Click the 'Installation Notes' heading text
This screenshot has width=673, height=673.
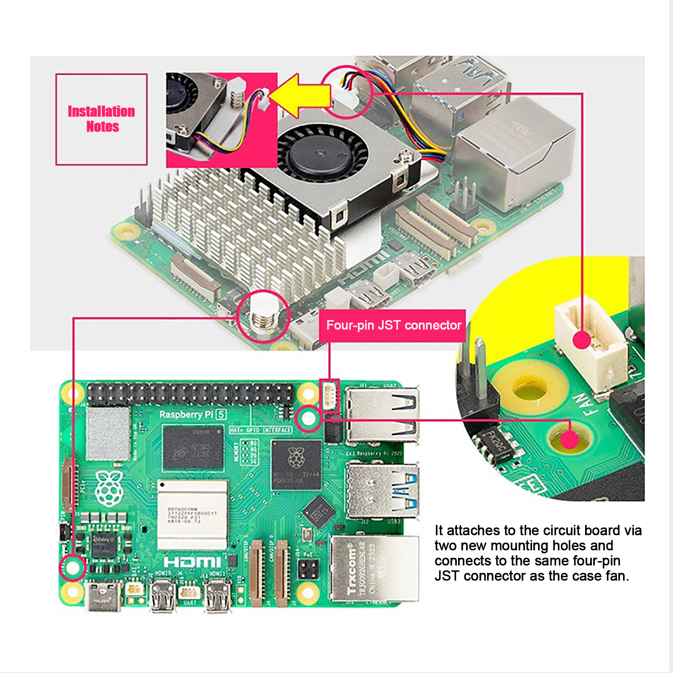(101, 119)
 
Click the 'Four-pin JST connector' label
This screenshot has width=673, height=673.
(393, 326)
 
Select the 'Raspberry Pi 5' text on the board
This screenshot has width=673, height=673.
(193, 415)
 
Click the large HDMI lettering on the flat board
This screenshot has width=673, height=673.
(192, 562)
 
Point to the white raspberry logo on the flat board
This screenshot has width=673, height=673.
(109, 488)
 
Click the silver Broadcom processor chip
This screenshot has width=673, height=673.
(192, 515)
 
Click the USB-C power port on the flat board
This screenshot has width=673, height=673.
(103, 594)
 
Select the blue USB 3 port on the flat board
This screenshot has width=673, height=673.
(383, 490)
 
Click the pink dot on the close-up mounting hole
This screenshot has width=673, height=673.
(570, 440)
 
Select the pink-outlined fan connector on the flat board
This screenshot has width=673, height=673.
(329, 395)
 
